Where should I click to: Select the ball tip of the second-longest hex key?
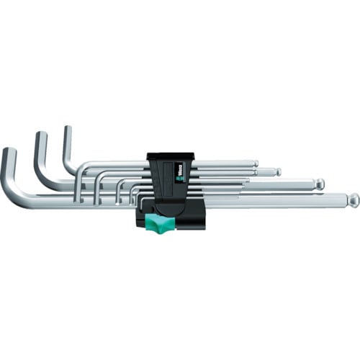320,184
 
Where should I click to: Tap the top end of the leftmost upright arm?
9,153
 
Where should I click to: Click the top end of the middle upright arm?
40,137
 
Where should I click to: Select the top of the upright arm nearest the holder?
68,130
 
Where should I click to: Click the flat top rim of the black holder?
171,155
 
